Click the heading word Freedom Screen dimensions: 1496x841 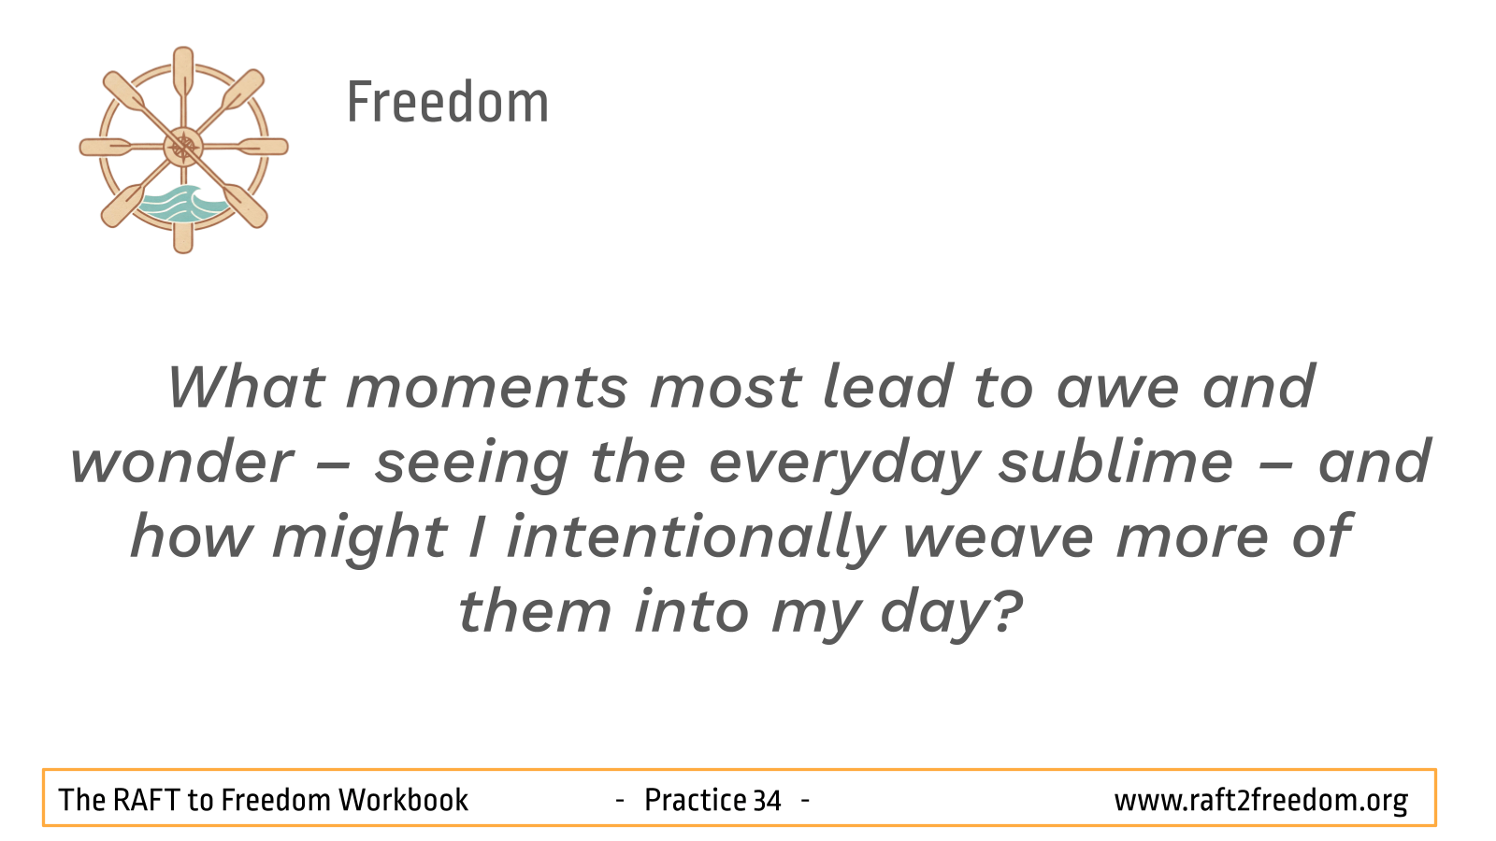coord(448,102)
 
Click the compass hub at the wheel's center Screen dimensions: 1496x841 coord(183,147)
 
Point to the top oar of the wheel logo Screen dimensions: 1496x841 coord(183,75)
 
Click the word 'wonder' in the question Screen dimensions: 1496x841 coord(181,462)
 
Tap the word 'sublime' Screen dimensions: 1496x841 coord(1116,461)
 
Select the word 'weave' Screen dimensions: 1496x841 coord(999,537)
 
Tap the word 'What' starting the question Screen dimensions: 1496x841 coord(247,386)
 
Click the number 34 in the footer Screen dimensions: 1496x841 coord(767,800)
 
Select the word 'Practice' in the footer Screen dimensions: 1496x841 coord(695,800)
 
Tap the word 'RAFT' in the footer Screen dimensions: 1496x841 coord(146,800)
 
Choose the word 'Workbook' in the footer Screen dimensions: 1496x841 coord(403,800)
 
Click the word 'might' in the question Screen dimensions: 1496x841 coord(361,539)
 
